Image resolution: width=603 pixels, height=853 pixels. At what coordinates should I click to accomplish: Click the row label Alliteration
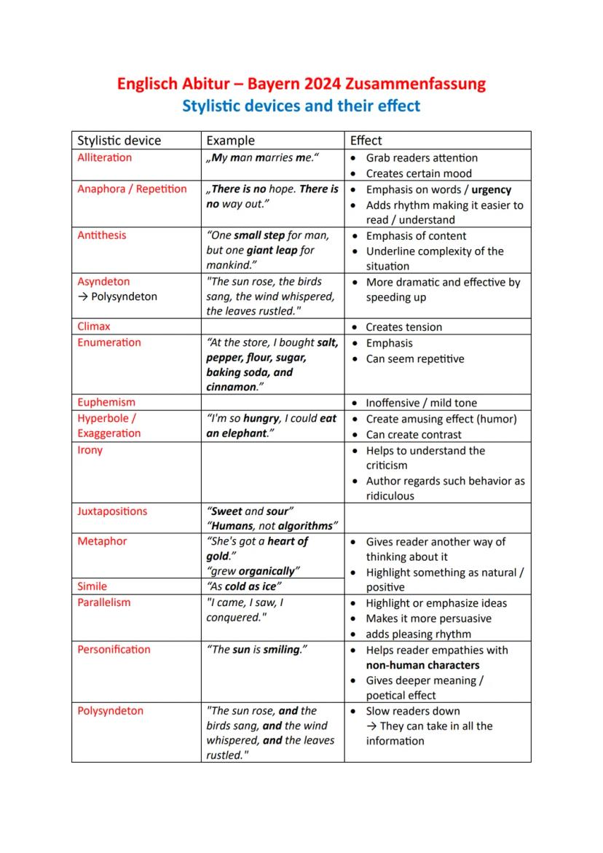[x=105, y=157]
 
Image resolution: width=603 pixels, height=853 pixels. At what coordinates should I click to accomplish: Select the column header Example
[x=231, y=141]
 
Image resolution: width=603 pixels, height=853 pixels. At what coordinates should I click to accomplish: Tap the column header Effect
[x=366, y=141]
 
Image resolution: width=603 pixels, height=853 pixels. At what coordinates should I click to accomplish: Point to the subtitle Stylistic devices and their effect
[x=301, y=106]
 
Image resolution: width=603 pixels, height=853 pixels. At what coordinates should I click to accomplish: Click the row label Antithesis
[x=102, y=235]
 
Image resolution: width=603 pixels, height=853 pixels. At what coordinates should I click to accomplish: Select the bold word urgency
[x=492, y=189]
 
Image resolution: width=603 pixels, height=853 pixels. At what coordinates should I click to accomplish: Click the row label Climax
[x=94, y=326]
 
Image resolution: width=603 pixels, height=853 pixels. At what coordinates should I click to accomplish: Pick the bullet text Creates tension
[x=403, y=327]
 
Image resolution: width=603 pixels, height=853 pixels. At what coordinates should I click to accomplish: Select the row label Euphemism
[x=106, y=402]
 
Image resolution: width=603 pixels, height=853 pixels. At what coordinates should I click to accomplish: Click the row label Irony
[x=90, y=449]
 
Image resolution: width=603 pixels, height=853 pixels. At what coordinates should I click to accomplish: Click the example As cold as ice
[x=245, y=586]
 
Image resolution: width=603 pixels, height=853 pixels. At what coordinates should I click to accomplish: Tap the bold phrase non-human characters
[x=422, y=665]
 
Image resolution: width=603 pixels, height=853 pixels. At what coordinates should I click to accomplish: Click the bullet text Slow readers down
[x=413, y=711]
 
